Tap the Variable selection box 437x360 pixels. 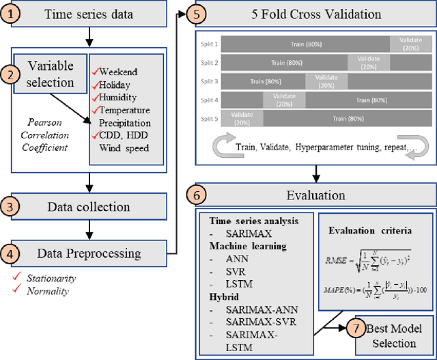(x=51, y=75)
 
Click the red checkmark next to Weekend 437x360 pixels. (x=95, y=71)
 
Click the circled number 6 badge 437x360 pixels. (x=195, y=195)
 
